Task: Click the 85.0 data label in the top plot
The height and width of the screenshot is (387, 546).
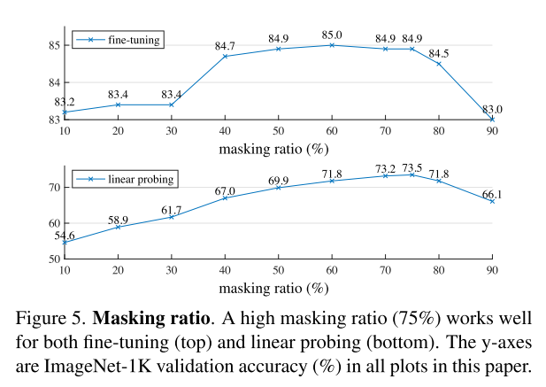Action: [x=332, y=35]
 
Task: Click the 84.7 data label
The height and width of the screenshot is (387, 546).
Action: [x=226, y=46]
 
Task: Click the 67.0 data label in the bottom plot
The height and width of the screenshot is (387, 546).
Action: [x=225, y=190]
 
